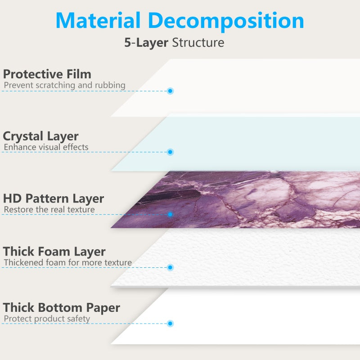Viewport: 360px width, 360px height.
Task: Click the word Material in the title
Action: pyautogui.click(x=99, y=20)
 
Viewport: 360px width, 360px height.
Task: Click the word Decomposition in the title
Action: pyautogui.click(x=226, y=21)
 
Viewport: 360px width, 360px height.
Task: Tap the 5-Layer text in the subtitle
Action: pyautogui.click(x=146, y=43)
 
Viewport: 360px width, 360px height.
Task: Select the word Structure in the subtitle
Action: pyautogui.click(x=198, y=43)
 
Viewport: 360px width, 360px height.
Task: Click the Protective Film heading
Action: pyautogui.click(x=47, y=74)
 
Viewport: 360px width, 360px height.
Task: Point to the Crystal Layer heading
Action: pyautogui.click(x=41, y=136)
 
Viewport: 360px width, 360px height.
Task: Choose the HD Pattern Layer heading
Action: pyautogui.click(x=54, y=198)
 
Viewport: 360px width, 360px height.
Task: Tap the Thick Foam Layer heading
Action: pyautogui.click(x=54, y=252)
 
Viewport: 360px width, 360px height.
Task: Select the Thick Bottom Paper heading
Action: pyautogui.click(x=62, y=308)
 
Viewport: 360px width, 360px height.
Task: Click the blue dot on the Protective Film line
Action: pyautogui.click(x=170, y=91)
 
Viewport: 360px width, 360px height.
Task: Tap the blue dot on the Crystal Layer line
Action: pyautogui.click(x=170, y=152)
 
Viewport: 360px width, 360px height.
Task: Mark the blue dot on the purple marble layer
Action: pyautogui.click(x=170, y=214)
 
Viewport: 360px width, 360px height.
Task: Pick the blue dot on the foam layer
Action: pyautogui.click(x=170, y=267)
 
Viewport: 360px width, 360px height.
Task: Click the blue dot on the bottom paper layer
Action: pyautogui.click(x=170, y=324)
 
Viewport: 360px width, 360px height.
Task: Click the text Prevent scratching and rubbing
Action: pyautogui.click(x=65, y=85)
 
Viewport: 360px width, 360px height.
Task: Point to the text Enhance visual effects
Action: pyautogui.click(x=46, y=147)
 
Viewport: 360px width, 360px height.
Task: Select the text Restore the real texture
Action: pyautogui.click(x=49, y=209)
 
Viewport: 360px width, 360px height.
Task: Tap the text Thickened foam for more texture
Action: pyautogui.click(x=68, y=262)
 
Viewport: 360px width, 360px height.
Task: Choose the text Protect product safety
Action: pyautogui.click(x=47, y=319)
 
